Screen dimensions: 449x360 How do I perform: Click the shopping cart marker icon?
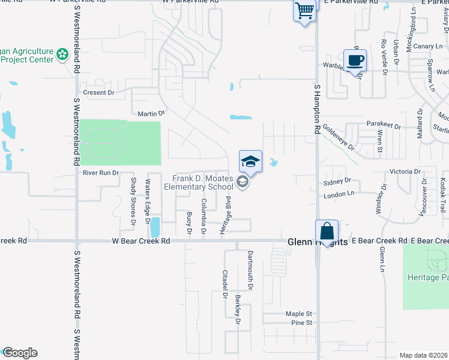pyautogui.click(x=304, y=10)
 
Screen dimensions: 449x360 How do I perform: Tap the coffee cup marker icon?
pyautogui.click(x=355, y=60)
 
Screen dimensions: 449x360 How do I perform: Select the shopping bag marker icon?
pyautogui.click(x=327, y=231)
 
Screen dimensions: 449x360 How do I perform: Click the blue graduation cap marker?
pyautogui.click(x=250, y=161)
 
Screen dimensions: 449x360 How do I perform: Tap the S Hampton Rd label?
pyautogui.click(x=317, y=109)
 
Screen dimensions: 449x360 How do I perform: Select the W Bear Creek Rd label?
pyautogui.click(x=141, y=241)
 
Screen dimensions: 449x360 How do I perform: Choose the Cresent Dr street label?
pyautogui.click(x=98, y=92)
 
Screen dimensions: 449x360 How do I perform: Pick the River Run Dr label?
pyautogui.click(x=101, y=173)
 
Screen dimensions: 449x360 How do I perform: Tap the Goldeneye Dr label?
pyautogui.click(x=339, y=137)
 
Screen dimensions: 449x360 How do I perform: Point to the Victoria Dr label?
pyautogui.click(x=404, y=172)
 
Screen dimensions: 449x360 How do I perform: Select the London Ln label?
pyautogui.click(x=339, y=196)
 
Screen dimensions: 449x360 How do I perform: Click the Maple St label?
pyautogui.click(x=299, y=314)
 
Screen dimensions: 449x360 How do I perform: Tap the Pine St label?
pyautogui.click(x=302, y=323)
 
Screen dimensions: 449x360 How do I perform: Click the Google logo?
pyautogui.click(x=20, y=353)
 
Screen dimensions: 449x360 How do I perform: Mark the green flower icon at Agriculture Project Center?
pyautogui.click(x=62, y=55)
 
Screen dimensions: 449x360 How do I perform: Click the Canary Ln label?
pyautogui.click(x=427, y=46)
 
